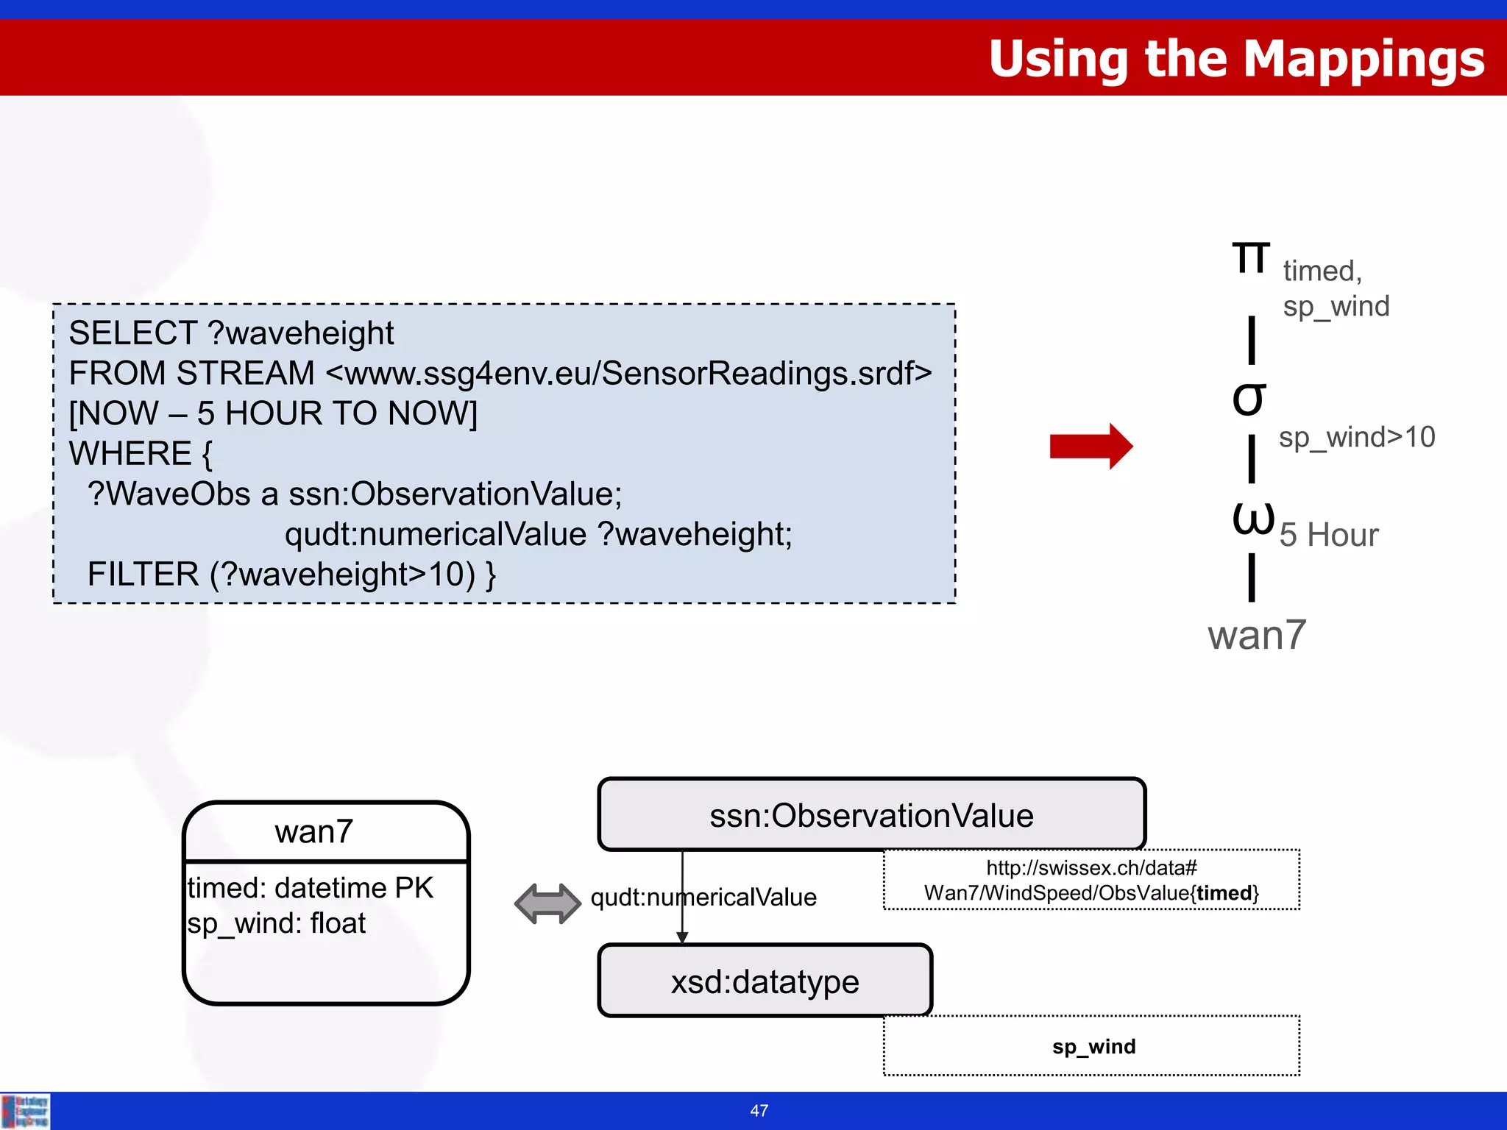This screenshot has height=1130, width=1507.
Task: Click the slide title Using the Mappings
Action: [1236, 59]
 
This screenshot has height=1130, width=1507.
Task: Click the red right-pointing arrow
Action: [1091, 446]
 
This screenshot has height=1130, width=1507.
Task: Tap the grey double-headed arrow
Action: [547, 903]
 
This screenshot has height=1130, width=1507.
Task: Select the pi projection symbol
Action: [1251, 257]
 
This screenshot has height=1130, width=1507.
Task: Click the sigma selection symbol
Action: [1249, 399]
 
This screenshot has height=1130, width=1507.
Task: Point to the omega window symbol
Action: [1252, 517]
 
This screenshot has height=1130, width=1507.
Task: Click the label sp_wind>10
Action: [1356, 437]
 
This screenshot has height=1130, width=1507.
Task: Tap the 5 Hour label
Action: [1328, 535]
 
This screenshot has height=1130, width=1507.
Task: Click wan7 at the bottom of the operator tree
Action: [1256, 635]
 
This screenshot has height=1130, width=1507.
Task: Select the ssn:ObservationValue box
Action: [871, 815]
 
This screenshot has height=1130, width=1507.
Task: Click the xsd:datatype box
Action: [765, 981]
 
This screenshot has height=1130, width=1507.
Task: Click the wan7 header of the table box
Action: [314, 832]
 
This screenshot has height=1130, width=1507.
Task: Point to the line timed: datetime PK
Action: [310, 888]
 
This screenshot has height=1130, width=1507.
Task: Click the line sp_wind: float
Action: [276, 923]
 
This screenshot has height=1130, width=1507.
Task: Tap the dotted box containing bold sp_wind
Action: [1092, 1046]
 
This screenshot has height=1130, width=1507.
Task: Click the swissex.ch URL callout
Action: [1092, 880]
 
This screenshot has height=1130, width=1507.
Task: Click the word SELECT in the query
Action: [132, 333]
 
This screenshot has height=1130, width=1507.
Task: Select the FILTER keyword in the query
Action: [143, 575]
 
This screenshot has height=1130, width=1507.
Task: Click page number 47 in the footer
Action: [759, 1111]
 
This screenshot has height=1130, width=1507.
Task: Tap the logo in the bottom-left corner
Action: [26, 1111]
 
